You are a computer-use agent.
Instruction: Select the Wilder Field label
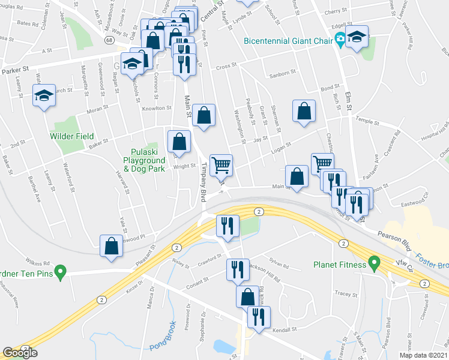coord(71,136)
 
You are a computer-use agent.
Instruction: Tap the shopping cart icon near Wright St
coord(221,164)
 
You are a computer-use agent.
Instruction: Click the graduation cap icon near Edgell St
coord(357,37)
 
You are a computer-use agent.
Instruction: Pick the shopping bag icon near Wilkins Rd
coord(112,245)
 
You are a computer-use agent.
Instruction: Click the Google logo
coord(20,353)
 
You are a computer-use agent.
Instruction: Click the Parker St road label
coord(15,71)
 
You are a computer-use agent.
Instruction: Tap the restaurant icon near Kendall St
coord(259,316)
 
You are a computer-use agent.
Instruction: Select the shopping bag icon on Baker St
coord(179,142)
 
